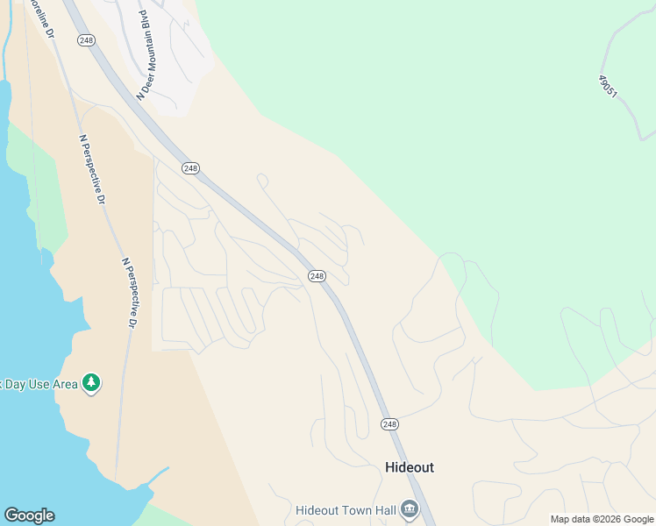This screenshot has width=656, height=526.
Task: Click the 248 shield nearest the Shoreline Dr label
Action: (x=86, y=40)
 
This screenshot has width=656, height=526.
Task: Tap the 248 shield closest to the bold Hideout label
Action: (x=389, y=424)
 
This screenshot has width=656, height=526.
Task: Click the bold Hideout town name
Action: (x=410, y=467)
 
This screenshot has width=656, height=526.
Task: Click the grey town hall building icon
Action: (x=409, y=508)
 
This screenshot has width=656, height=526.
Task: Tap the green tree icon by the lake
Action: (x=91, y=383)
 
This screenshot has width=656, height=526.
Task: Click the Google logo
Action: (x=29, y=515)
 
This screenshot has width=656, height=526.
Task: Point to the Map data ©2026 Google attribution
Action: (x=602, y=519)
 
